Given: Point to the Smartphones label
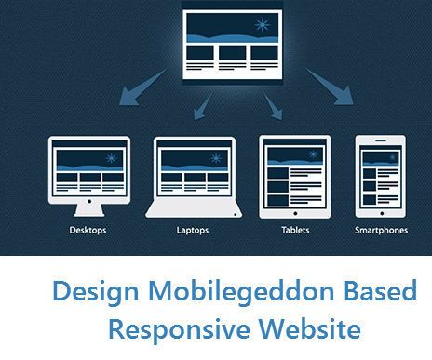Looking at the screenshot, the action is (x=381, y=228).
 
